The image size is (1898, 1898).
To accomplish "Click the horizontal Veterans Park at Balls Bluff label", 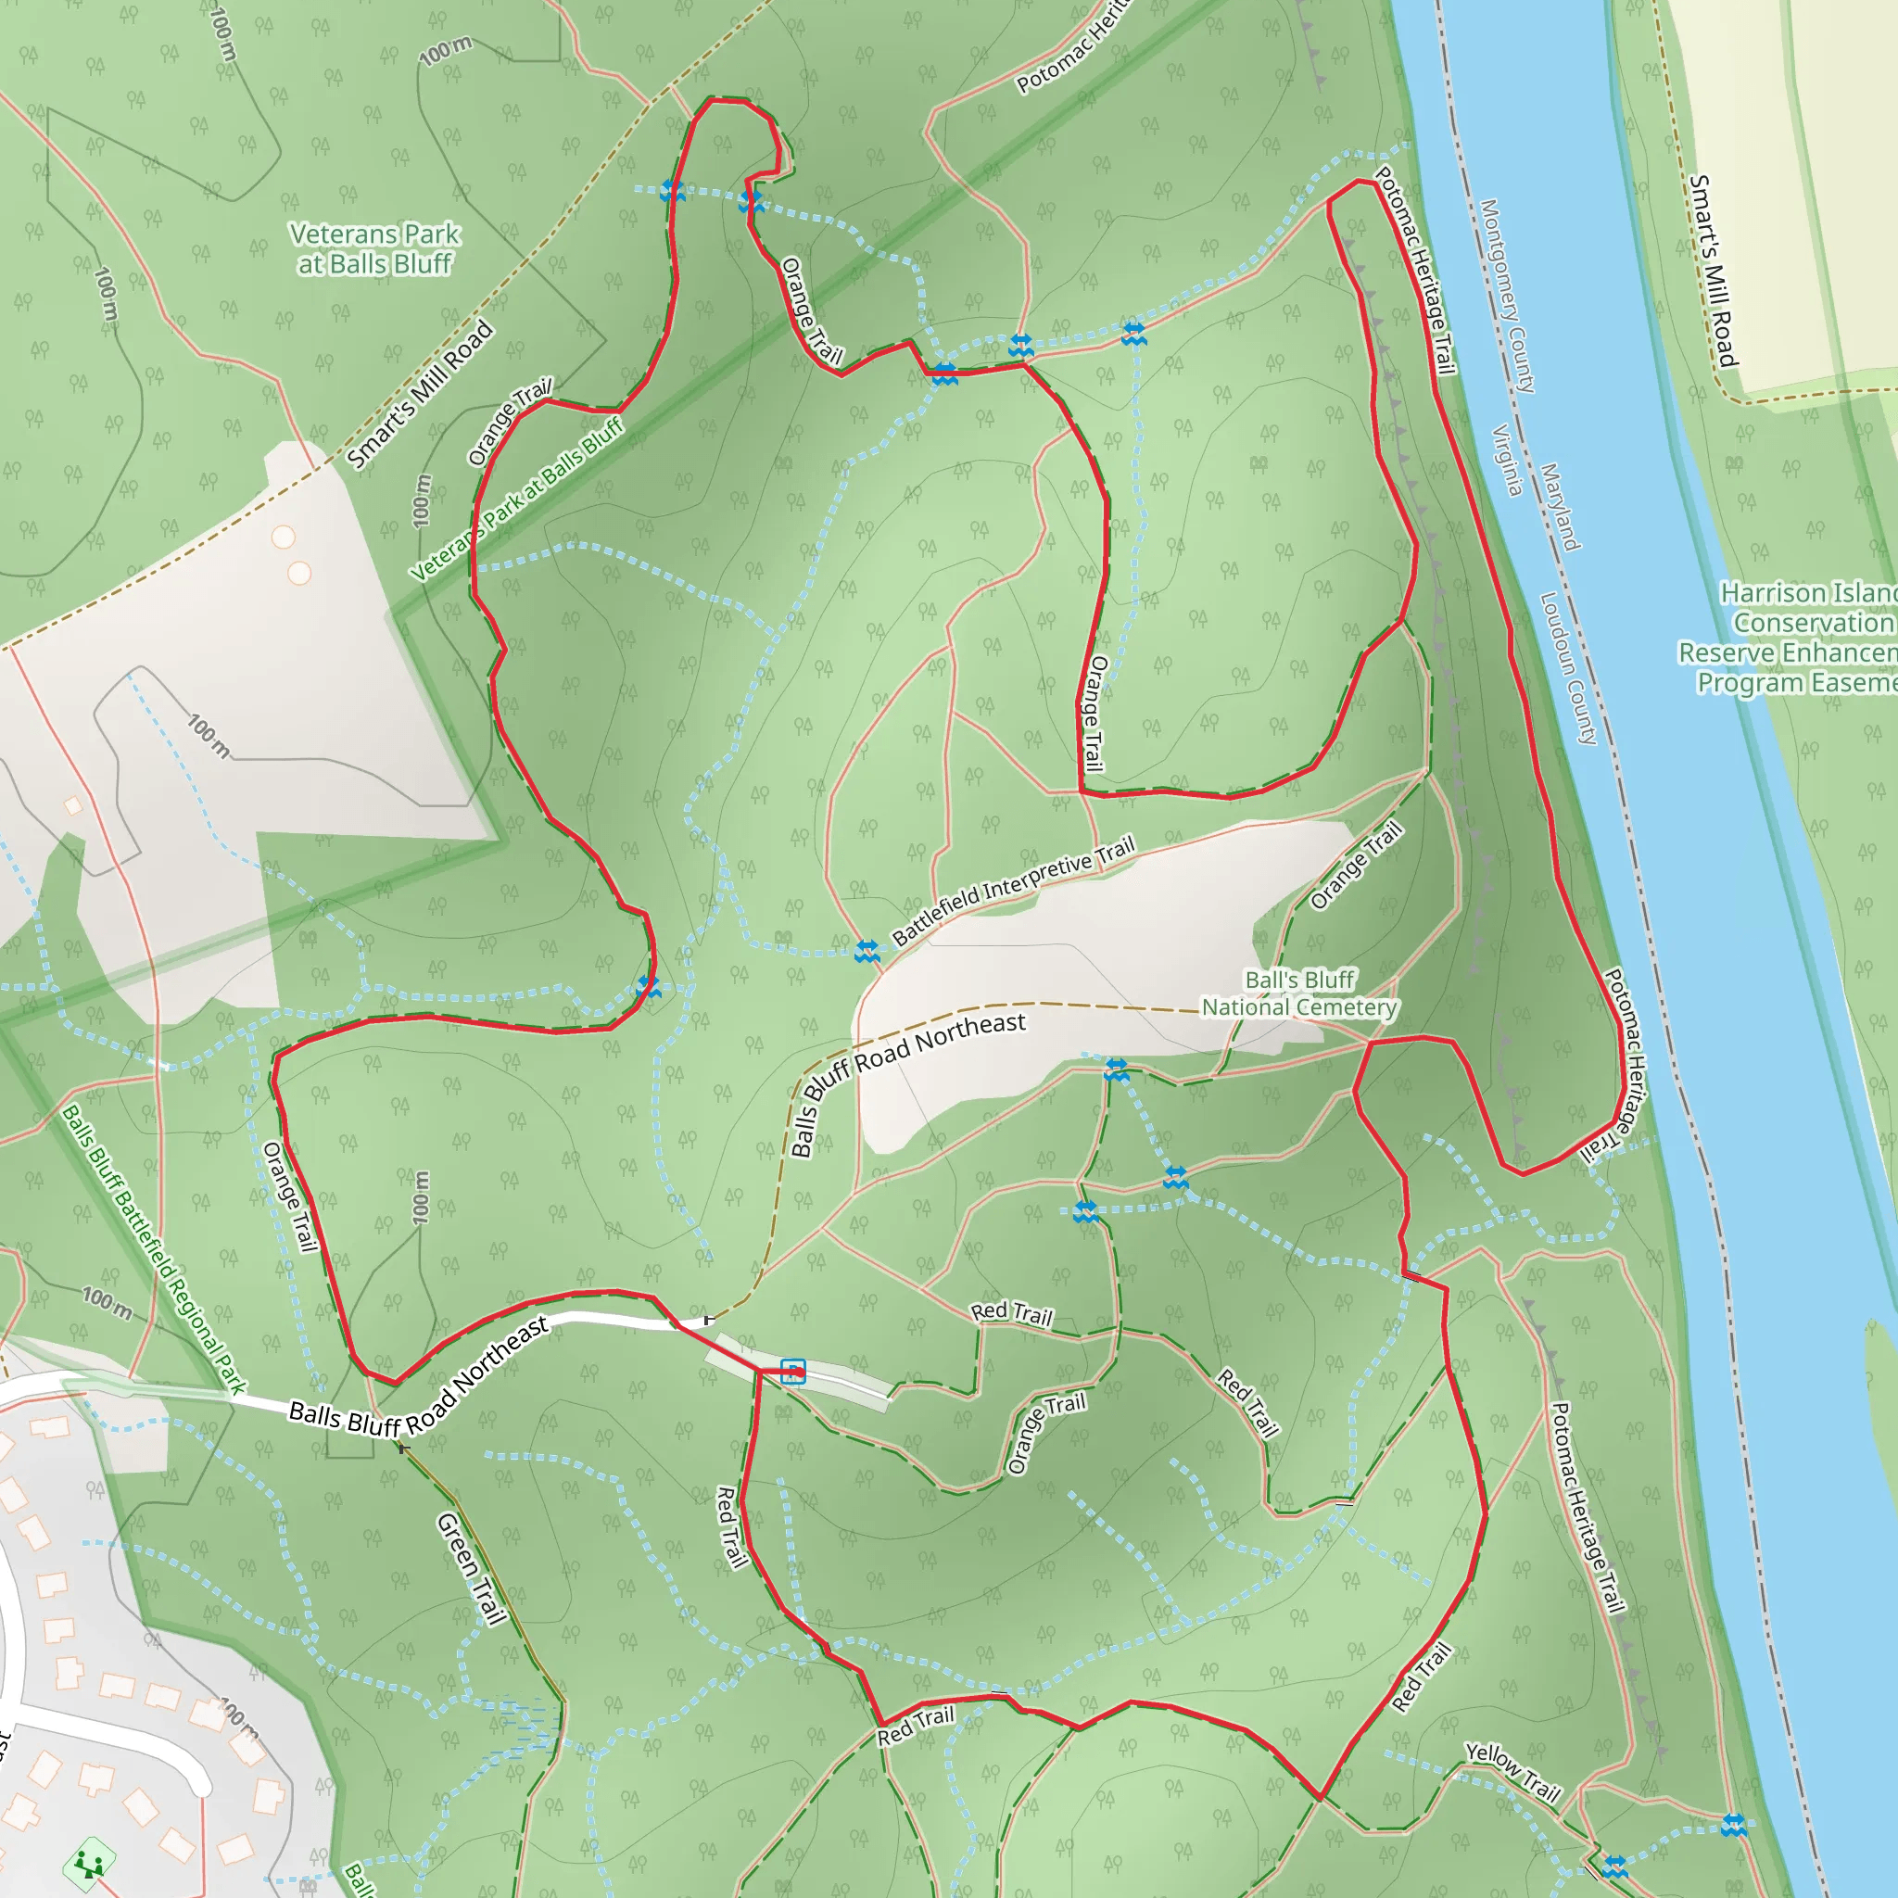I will click(374, 248).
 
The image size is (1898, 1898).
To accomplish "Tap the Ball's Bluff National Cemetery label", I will click(1298, 993).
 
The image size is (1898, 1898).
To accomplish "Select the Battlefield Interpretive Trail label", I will click(1013, 889).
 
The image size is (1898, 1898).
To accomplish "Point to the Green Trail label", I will click(471, 1569).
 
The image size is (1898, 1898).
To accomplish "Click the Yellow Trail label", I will click(1512, 1771).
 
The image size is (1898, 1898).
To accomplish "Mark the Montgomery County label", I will click(1507, 296).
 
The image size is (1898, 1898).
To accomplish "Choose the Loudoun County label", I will click(1568, 667).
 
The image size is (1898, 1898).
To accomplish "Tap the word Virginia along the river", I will click(1508, 460).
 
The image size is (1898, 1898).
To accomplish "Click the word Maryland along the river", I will click(1560, 507).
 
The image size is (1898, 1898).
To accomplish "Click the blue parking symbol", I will click(792, 1372).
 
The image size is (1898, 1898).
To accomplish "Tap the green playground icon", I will click(89, 1863).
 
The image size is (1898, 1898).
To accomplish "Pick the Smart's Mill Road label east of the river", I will click(1713, 271).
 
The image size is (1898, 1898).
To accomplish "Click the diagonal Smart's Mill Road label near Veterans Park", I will click(420, 395).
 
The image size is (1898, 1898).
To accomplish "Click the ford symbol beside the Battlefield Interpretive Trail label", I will click(867, 951).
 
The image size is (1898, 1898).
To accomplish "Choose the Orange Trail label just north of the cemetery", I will click(1357, 866).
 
